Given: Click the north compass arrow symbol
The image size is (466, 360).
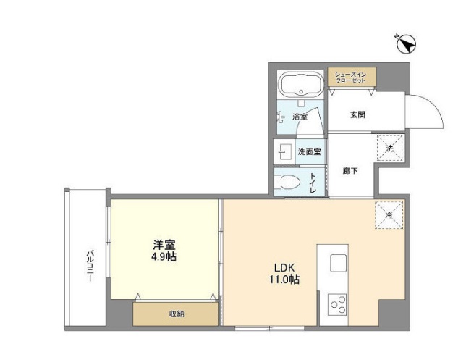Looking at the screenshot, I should pyautogui.click(x=404, y=44).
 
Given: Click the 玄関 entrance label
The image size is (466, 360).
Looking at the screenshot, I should pyautogui.click(x=357, y=114).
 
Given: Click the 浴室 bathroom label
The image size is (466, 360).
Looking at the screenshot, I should pyautogui.click(x=300, y=117).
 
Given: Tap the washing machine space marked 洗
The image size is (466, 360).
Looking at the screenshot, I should pyautogui.click(x=389, y=148).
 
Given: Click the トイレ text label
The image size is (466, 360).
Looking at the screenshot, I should pyautogui.click(x=313, y=181).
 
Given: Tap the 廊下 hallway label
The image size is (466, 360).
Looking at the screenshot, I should pyautogui.click(x=350, y=171).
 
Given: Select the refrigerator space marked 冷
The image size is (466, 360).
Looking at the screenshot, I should pyautogui.click(x=389, y=214).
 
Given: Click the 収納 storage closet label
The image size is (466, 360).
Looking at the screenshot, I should pyautogui.click(x=176, y=314).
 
